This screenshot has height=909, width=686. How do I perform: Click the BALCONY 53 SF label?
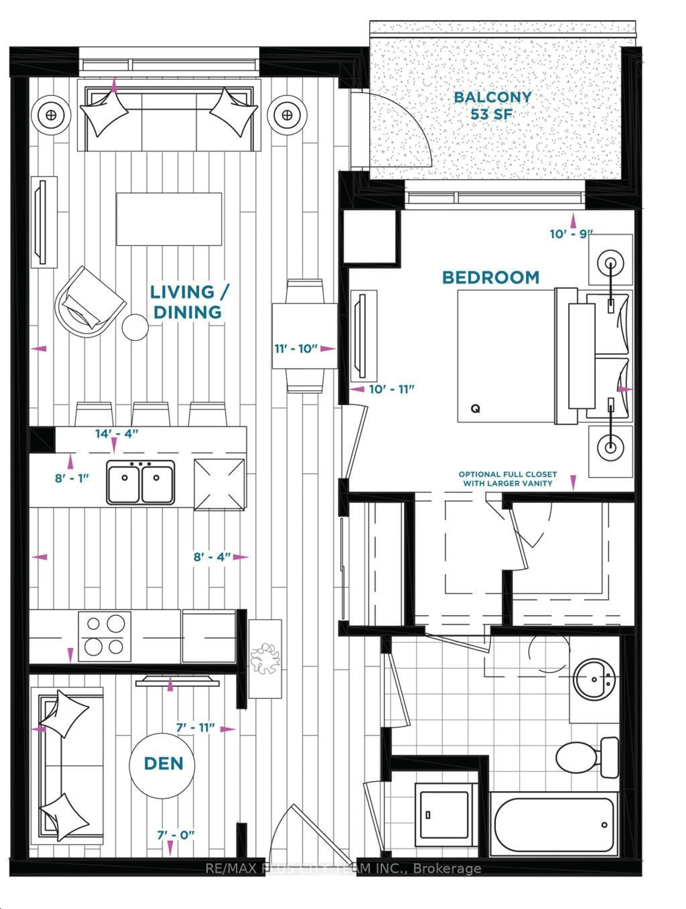coord(492,106)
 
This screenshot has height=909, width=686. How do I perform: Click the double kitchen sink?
coord(140,482)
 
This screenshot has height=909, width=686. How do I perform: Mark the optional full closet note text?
coord(508,479)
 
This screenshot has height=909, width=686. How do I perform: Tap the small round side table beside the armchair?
coord(135,327)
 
